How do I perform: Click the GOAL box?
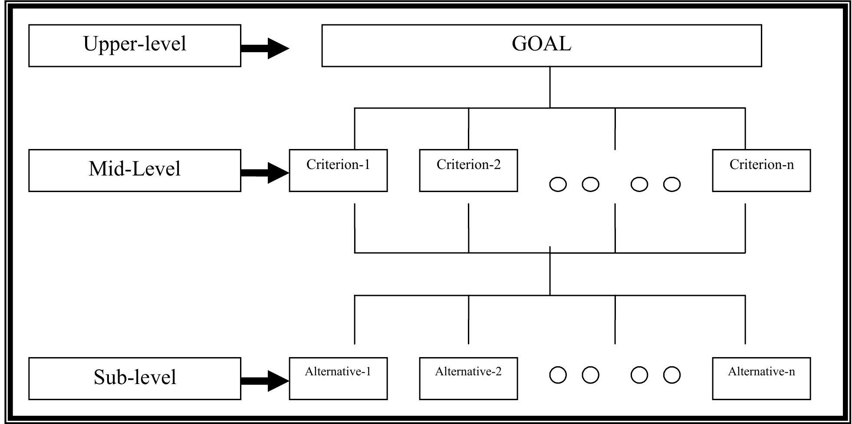(x=541, y=46)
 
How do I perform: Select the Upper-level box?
(x=135, y=46)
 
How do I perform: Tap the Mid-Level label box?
(x=135, y=170)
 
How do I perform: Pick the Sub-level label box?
(x=135, y=378)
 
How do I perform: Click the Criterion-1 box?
(x=338, y=170)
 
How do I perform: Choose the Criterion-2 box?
(x=468, y=170)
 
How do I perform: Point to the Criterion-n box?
(x=761, y=170)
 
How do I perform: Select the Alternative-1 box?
(x=338, y=378)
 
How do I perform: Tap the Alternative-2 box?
(x=468, y=378)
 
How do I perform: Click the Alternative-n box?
(x=761, y=378)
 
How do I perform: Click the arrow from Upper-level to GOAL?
(x=265, y=48)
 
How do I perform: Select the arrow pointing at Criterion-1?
(x=265, y=173)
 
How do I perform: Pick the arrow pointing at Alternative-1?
(x=265, y=381)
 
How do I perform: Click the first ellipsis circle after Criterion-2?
(x=558, y=184)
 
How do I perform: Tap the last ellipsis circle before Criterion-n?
(x=672, y=184)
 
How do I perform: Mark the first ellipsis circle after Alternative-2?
(x=558, y=375)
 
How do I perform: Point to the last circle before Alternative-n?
(x=672, y=375)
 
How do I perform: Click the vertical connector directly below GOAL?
(x=550, y=87)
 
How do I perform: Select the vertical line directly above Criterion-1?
(x=355, y=129)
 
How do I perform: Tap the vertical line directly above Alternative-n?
(x=745, y=320)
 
